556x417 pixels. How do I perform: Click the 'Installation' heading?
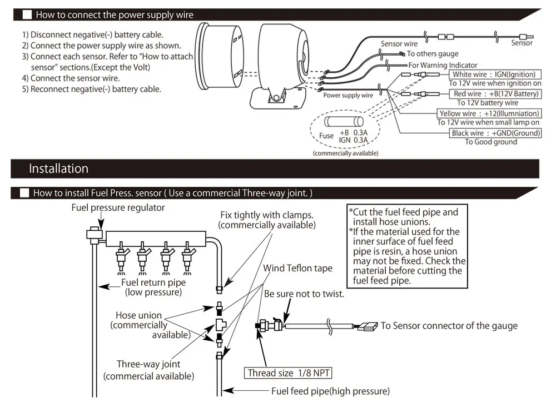coord(58,168)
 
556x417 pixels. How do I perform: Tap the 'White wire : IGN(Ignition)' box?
coord(494,75)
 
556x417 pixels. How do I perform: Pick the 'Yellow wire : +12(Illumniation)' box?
coord(488,113)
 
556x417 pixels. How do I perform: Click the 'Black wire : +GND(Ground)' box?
coord(495,133)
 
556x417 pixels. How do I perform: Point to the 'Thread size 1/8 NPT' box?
coord(289,373)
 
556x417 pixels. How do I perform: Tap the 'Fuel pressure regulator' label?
coord(118,207)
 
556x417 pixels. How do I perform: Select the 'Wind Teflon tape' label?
coord(297,268)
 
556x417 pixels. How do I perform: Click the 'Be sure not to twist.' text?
coord(304,294)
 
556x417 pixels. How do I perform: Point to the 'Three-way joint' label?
coord(148,364)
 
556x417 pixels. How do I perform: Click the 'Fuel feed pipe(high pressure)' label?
coord(330,391)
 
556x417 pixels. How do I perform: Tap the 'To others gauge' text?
coord(433,53)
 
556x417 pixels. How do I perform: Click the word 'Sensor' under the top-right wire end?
coord(522,43)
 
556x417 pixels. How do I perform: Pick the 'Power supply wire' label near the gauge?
coord(348,95)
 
